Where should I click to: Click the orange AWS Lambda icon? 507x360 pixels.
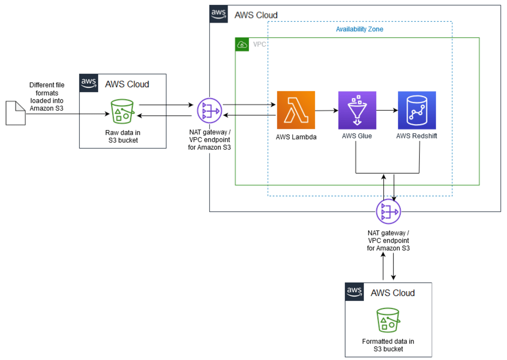(x=296, y=110)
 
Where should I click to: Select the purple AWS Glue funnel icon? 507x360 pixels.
(x=357, y=110)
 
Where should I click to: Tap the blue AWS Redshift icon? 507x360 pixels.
(x=417, y=110)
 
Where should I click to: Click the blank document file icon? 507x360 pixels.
(x=16, y=113)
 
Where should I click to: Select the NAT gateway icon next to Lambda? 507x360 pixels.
(x=209, y=110)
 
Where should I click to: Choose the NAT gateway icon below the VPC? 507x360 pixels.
(x=388, y=211)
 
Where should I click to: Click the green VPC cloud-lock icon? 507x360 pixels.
(x=242, y=44)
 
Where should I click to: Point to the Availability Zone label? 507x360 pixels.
(x=360, y=29)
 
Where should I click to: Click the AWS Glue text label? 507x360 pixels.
(x=357, y=136)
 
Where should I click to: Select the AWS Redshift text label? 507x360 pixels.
(x=417, y=136)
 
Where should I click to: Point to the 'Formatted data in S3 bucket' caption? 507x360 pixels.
(x=388, y=345)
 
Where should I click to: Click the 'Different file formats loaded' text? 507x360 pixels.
(x=47, y=97)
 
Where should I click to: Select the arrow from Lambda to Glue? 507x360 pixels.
(x=326, y=110)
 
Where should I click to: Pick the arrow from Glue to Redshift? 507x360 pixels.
(x=387, y=110)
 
